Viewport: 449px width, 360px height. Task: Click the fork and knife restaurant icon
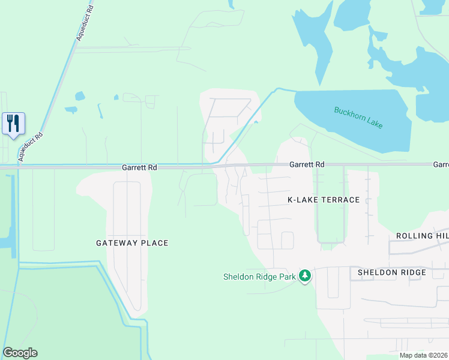pyautogui.click(x=13, y=124)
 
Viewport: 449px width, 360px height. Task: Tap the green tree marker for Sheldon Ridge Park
pyautogui.click(x=306, y=276)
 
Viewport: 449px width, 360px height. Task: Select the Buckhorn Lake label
pyautogui.click(x=358, y=118)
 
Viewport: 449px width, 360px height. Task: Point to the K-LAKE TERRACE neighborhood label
pyautogui.click(x=324, y=200)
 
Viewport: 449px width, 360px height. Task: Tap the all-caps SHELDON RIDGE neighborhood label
pyautogui.click(x=392, y=272)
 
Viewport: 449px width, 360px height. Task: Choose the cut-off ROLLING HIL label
pyautogui.click(x=422, y=236)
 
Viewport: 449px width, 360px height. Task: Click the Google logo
pyautogui.click(x=20, y=353)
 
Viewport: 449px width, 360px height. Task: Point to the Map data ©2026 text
pyautogui.click(x=423, y=355)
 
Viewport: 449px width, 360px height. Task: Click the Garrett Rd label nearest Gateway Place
pyautogui.click(x=139, y=168)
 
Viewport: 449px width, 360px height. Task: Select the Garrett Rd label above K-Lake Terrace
pyautogui.click(x=307, y=164)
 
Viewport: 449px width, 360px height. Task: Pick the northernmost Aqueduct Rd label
pyautogui.click(x=86, y=24)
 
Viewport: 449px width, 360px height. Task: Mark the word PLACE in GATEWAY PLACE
pyautogui.click(x=155, y=243)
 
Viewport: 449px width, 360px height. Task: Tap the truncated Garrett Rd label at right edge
pyautogui.click(x=441, y=164)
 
